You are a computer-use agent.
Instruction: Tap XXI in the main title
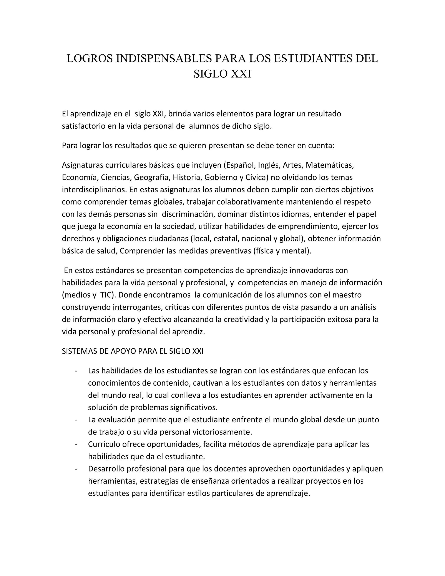(x=241, y=74)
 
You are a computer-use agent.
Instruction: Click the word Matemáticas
(x=330, y=165)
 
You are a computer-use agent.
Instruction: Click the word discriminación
(x=189, y=214)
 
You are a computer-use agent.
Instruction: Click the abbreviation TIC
(x=108, y=295)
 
